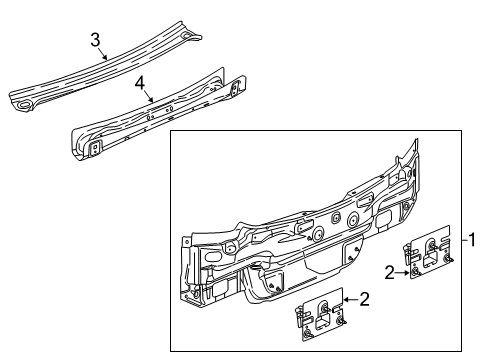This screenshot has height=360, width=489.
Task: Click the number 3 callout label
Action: pyautogui.click(x=95, y=39)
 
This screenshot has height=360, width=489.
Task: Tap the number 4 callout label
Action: pyautogui.click(x=141, y=84)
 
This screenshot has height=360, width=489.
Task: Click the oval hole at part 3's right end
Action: pyautogui.click(x=190, y=39)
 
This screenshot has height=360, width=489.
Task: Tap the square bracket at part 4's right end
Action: pyautogui.click(x=236, y=89)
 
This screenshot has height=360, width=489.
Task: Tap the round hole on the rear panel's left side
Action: pyautogui.click(x=230, y=247)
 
